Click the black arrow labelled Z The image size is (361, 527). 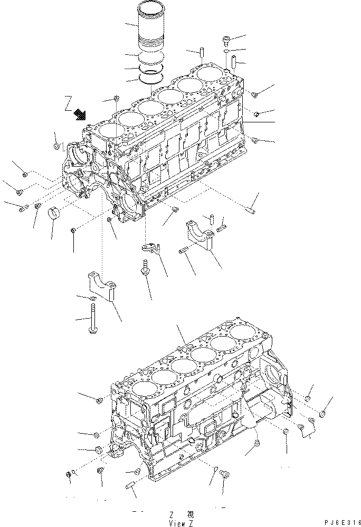pyautogui.click(x=81, y=113)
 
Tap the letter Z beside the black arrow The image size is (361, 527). pyautogui.click(x=68, y=101)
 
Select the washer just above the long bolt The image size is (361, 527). pyautogui.click(x=92, y=300)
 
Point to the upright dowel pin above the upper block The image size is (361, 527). pyautogui.click(x=202, y=54)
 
